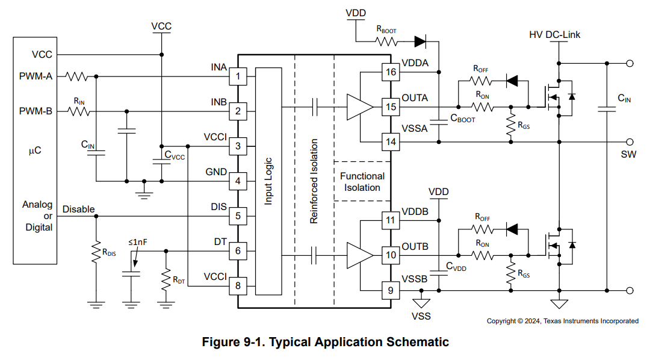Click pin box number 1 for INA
pyautogui.click(x=238, y=76)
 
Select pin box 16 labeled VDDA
pyautogui.click(x=391, y=72)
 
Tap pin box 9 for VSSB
pyautogui.click(x=391, y=291)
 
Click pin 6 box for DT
pyautogui.click(x=238, y=251)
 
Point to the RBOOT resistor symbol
pyautogui.click(x=386, y=42)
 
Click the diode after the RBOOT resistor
pyautogui.click(x=421, y=42)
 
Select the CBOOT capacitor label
pyautogui.click(x=462, y=119)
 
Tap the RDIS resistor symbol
pyautogui.click(x=96, y=252)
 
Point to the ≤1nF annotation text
pyautogui.click(x=137, y=242)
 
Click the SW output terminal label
pyautogui.click(x=628, y=155)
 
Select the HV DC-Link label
pyautogui.click(x=555, y=35)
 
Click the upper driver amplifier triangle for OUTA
pyautogui.click(x=359, y=107)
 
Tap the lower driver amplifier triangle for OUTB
pyautogui.click(x=359, y=255)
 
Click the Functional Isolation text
pyautogui.click(x=362, y=182)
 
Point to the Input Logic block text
pyautogui.click(x=268, y=181)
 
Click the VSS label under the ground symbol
pyautogui.click(x=421, y=315)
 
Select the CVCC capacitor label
pyautogui.click(x=175, y=157)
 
